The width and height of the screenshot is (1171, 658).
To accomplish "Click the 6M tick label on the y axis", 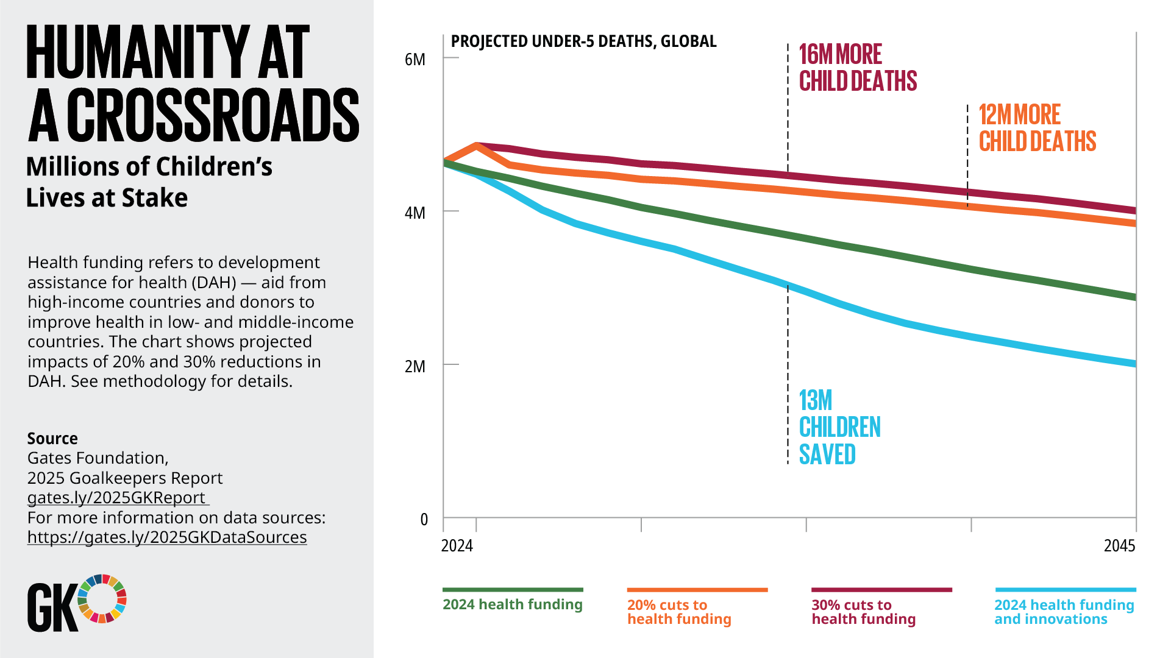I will [x=415, y=60].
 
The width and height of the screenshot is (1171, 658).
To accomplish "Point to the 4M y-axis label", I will [x=415, y=213].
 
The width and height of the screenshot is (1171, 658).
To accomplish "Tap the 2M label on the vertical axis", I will [x=415, y=367].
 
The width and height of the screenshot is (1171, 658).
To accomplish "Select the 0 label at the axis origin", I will [x=424, y=520].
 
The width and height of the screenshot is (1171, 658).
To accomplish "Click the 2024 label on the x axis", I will [x=457, y=546].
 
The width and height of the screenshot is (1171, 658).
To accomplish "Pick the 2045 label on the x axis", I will [x=1119, y=546].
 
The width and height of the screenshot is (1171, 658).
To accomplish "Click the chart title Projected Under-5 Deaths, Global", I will [x=583, y=41].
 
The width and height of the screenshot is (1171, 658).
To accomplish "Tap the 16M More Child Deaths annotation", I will [x=857, y=68].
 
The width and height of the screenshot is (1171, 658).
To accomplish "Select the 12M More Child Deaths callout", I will [x=1037, y=128].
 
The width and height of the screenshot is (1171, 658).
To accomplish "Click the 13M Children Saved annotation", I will [x=839, y=427].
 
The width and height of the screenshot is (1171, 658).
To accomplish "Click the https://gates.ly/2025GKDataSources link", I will [x=167, y=537].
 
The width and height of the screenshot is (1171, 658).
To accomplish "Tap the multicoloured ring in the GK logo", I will [x=102, y=598].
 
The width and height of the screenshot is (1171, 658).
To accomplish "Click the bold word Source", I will [x=52, y=439].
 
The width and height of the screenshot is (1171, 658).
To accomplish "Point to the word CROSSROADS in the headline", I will [x=213, y=116].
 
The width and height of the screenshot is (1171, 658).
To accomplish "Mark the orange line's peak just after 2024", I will [x=477, y=146].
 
